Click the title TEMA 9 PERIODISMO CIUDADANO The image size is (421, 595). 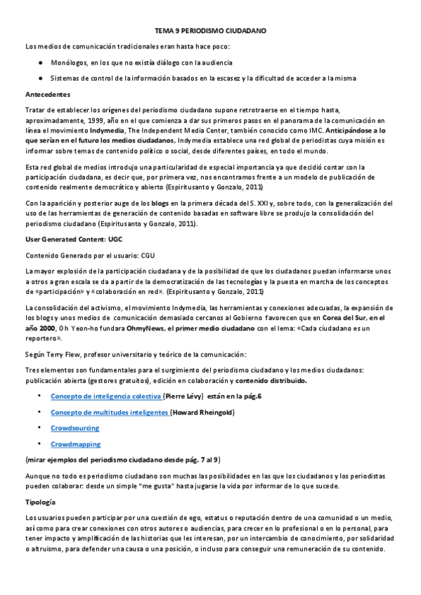pyautogui.click(x=210, y=32)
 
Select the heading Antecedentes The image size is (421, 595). pyautogui.click(x=47, y=93)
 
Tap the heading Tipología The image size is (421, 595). pyautogui.click(x=43, y=502)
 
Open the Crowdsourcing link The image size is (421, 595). pyautogui.click(x=75, y=428)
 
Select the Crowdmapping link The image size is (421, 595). pyautogui.click(x=75, y=444)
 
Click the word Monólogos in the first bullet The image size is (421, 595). pyautogui.click(x=68, y=62)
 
